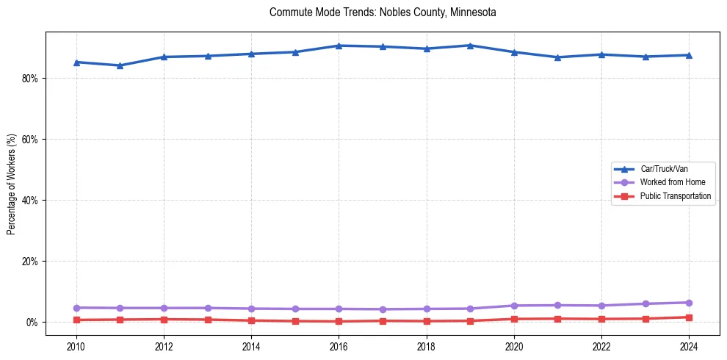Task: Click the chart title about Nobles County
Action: coord(383,12)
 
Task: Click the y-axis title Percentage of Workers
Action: coord(11,184)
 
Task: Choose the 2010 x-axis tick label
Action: coord(76,345)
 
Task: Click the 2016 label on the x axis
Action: coord(339,345)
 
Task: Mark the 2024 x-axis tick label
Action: coord(689,345)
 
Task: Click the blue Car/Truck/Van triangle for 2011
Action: coord(120,65)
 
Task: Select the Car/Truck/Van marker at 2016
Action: coord(339,46)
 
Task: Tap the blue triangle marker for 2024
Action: coord(689,55)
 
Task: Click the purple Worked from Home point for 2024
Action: coord(689,303)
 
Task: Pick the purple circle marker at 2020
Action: coord(514,306)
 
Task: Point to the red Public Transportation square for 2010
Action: coord(76,320)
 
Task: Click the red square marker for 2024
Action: coord(689,317)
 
